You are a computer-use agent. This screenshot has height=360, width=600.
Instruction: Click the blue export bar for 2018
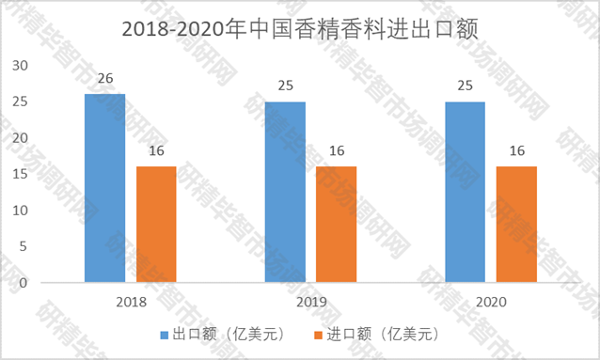tap(104, 188)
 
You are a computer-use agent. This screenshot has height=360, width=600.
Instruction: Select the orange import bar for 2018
tap(156, 224)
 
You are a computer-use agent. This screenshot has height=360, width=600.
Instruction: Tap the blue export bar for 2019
tap(285, 192)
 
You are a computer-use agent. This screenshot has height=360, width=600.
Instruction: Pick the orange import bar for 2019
tap(336, 224)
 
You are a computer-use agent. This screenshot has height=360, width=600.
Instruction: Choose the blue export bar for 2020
tap(465, 192)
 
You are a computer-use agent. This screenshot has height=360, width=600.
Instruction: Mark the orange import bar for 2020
tap(516, 224)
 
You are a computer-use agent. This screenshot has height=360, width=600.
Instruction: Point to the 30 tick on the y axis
tap(23, 65)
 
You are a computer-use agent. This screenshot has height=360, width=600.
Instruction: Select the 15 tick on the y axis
tap(23, 174)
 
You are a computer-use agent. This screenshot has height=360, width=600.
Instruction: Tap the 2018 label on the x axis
tap(131, 302)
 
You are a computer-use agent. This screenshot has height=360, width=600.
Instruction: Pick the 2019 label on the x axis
tap(310, 302)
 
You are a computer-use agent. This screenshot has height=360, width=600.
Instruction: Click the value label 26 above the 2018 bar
tap(104, 79)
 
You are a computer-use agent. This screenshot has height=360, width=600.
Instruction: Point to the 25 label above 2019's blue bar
tap(285, 86)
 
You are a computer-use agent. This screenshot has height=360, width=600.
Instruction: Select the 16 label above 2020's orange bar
tap(516, 151)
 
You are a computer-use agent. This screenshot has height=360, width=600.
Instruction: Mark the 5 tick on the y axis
tap(26, 246)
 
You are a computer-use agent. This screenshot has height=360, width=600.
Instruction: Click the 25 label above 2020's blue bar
tap(465, 86)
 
